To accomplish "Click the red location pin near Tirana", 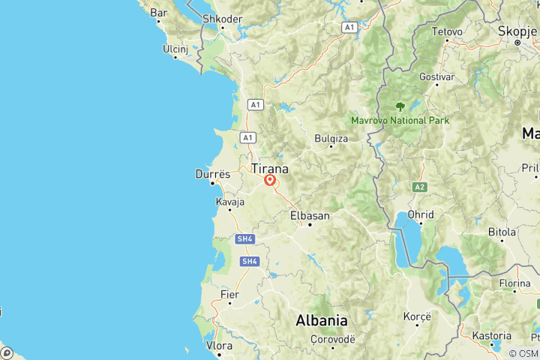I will pyautogui.click(x=270, y=180).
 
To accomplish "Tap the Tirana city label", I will pyautogui.click(x=270, y=168).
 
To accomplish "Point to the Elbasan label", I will pyautogui.click(x=310, y=216).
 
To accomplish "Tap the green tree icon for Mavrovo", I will pyautogui.click(x=400, y=106).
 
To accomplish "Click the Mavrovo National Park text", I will pyautogui.click(x=400, y=120).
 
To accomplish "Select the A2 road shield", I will pyautogui.click(x=418, y=186).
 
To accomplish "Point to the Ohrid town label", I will pyautogui.click(x=421, y=214).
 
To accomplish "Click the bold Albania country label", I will pyautogui.click(x=322, y=320).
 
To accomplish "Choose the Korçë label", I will pyautogui.click(x=417, y=316).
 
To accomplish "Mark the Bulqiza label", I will pyautogui.click(x=331, y=139).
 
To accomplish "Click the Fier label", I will pyautogui.click(x=229, y=295).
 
